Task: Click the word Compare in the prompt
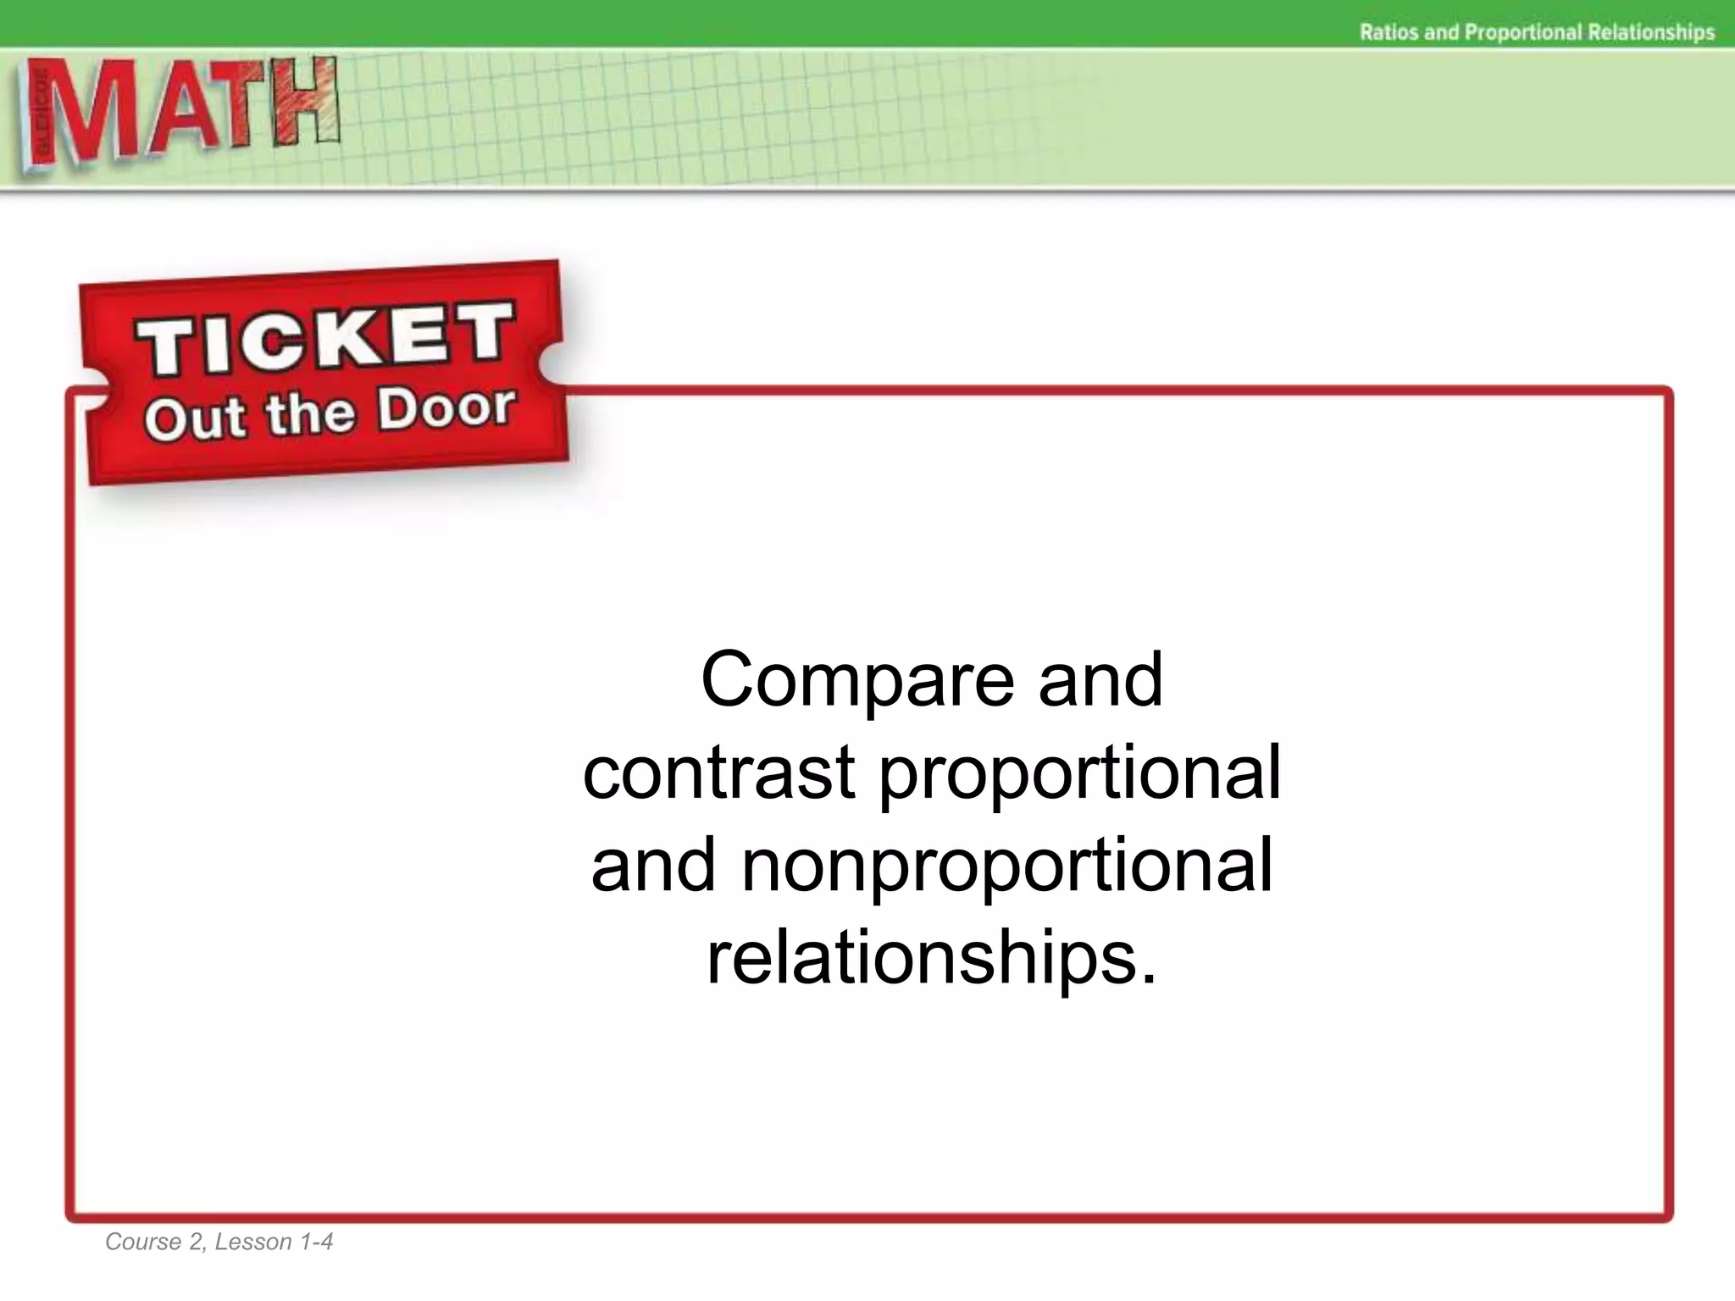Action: pyautogui.click(x=857, y=681)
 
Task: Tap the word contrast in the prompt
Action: pyautogui.click(x=719, y=772)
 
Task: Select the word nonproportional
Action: pyautogui.click(x=1006, y=865)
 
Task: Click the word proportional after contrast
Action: pyautogui.click(x=1079, y=774)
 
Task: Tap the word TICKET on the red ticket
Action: pyautogui.click(x=325, y=339)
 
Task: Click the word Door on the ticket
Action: pyautogui.click(x=446, y=407)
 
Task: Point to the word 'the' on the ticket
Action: pyautogui.click(x=310, y=414)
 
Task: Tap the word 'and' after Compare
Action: pyautogui.click(x=1100, y=681)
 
